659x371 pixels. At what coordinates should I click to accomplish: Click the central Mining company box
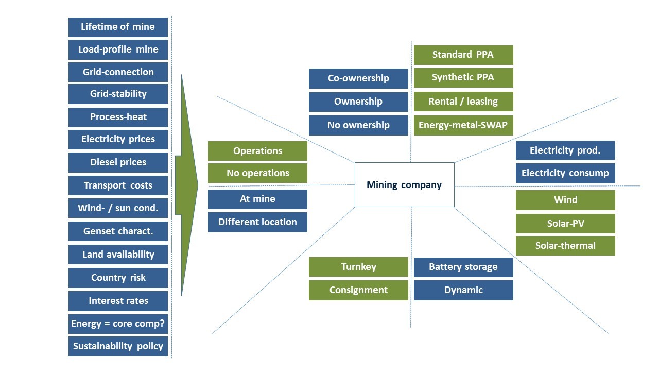(x=404, y=185)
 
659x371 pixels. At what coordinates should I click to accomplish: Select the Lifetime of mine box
(x=118, y=27)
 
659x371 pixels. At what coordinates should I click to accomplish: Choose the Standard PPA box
(x=463, y=55)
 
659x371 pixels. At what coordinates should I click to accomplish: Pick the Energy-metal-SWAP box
(x=463, y=125)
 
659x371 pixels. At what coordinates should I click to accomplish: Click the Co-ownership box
(x=358, y=78)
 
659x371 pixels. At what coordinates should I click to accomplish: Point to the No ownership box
(x=358, y=125)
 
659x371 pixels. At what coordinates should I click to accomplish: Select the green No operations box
(x=257, y=173)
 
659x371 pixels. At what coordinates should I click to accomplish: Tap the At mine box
(x=257, y=199)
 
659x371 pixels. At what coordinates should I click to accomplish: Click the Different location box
(x=257, y=222)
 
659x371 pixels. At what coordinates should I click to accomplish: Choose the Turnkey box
(x=358, y=267)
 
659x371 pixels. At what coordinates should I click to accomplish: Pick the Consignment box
(x=358, y=290)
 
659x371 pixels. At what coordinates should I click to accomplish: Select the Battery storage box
(x=463, y=267)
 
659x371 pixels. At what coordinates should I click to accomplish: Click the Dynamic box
(x=463, y=290)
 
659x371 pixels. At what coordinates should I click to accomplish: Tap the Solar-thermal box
(x=565, y=246)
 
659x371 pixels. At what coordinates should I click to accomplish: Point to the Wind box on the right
(x=565, y=200)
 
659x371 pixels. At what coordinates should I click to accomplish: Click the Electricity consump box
(x=565, y=173)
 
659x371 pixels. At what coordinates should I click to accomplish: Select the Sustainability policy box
(x=118, y=346)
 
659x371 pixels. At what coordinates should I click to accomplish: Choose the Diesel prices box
(x=118, y=162)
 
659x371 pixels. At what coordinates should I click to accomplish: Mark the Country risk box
(x=118, y=278)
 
